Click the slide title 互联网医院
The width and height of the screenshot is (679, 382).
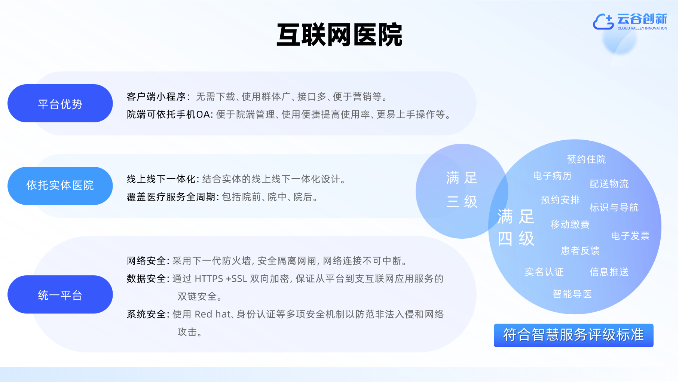tap(339, 35)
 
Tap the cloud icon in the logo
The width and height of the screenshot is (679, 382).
tap(603, 21)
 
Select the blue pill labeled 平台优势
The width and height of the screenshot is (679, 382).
tap(60, 103)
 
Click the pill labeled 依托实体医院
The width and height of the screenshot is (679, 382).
tap(60, 186)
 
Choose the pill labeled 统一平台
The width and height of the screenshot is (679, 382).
tap(60, 294)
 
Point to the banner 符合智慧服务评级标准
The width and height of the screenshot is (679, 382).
tap(574, 335)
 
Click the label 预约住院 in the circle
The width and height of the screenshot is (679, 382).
tap(586, 159)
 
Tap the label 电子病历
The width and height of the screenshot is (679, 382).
tap(552, 176)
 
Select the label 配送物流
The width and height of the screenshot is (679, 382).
tap(609, 184)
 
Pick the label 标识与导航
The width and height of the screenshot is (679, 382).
tap(614, 207)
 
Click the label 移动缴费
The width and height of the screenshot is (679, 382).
tap(570, 224)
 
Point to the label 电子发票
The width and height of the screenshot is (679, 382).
tap(630, 236)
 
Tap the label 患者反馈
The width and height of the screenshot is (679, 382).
tap(580, 251)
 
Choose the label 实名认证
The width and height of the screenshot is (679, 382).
tap(544, 272)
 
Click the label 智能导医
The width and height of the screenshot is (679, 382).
tap(572, 294)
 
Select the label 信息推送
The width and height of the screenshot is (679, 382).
tap(609, 272)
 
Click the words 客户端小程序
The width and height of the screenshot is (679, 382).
tap(156, 97)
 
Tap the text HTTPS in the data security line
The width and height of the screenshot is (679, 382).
tap(209, 279)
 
